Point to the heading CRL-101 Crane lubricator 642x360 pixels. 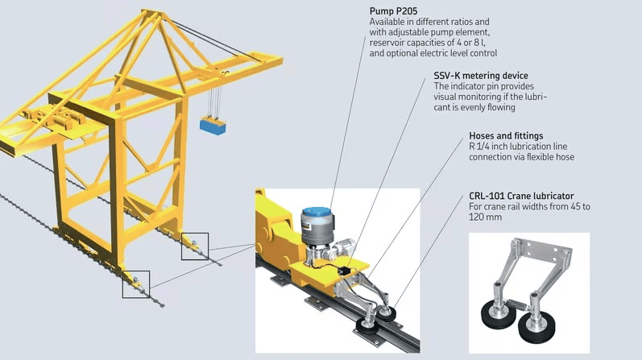tap(521, 196)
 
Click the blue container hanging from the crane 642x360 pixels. tap(214, 125)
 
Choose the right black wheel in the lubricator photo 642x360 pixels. tap(537, 326)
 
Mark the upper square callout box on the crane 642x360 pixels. tap(194, 246)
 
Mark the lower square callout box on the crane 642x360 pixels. tap(135, 283)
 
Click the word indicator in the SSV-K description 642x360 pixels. tap(469, 86)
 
